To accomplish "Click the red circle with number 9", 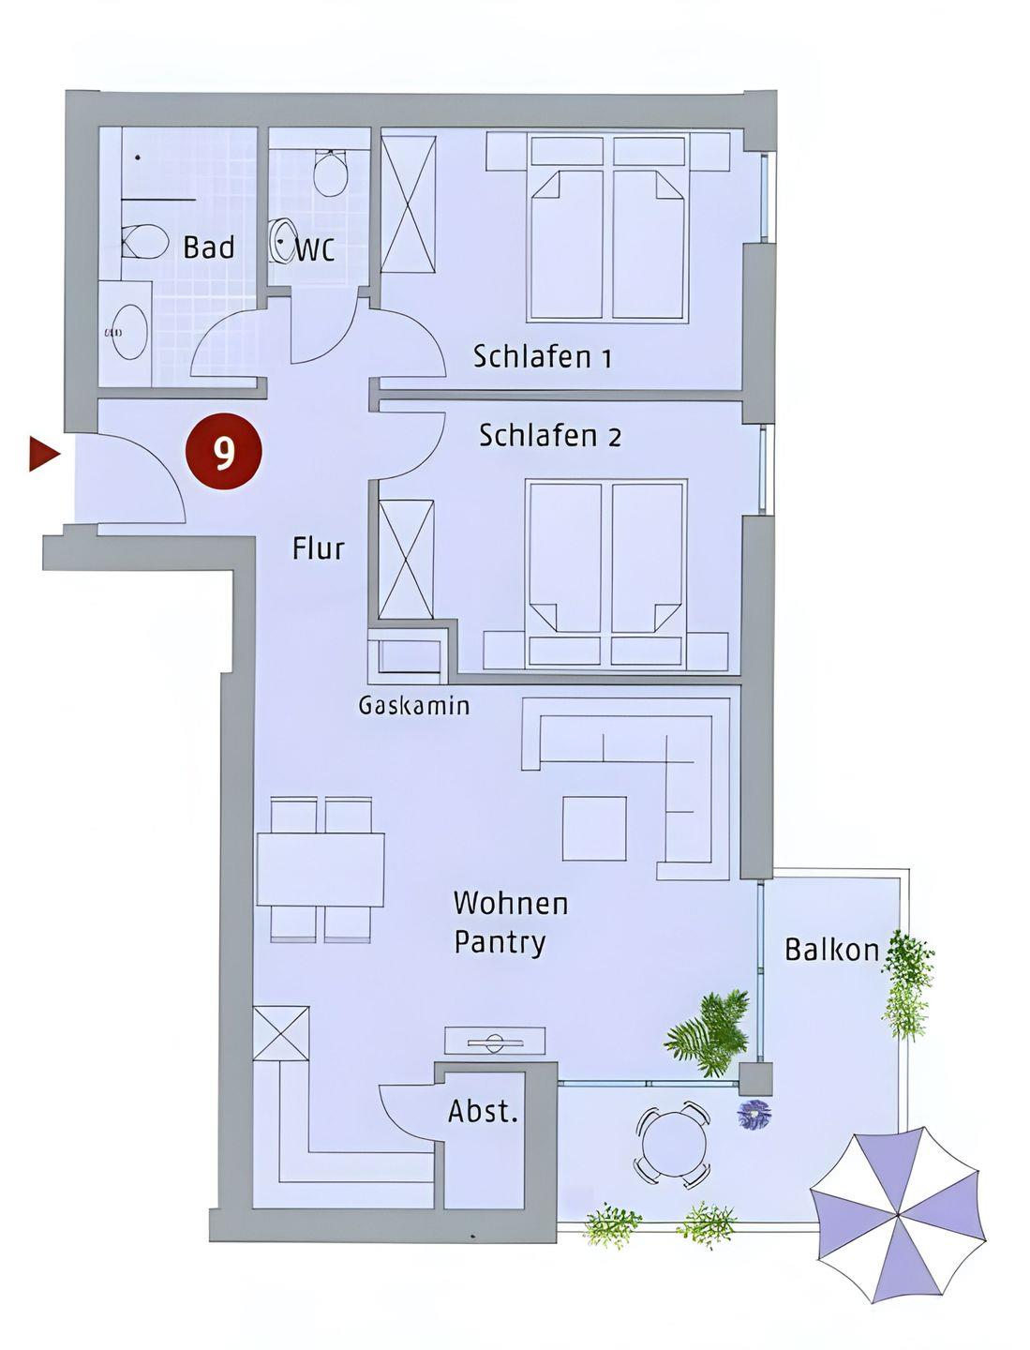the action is pyautogui.click(x=224, y=451).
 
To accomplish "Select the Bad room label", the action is pyautogui.click(x=209, y=247).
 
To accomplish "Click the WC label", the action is pyautogui.click(x=315, y=249).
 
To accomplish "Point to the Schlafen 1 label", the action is pyautogui.click(x=542, y=357).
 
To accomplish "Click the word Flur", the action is pyautogui.click(x=318, y=548).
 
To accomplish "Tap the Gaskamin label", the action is pyautogui.click(x=413, y=705).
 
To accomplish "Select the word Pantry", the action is pyautogui.click(x=500, y=943).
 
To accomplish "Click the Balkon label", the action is pyautogui.click(x=832, y=951).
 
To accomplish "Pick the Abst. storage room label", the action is pyautogui.click(x=483, y=1111).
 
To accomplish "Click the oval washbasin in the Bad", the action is pyautogui.click(x=129, y=333).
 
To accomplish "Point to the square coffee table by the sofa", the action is pyautogui.click(x=593, y=829).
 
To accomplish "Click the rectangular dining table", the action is pyautogui.click(x=321, y=870).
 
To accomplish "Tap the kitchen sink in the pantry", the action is pyautogui.click(x=495, y=1041).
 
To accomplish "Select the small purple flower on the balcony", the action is pyautogui.click(x=754, y=1113).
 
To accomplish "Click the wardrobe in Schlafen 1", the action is pyautogui.click(x=408, y=204).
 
